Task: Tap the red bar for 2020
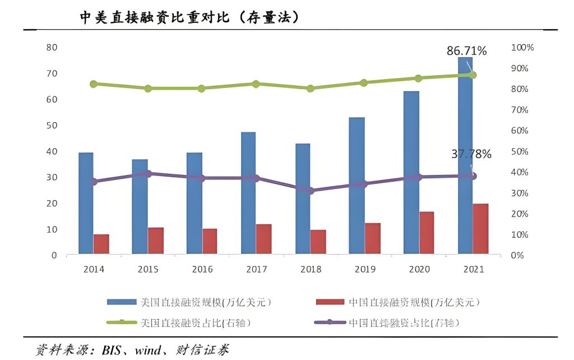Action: point(427,233)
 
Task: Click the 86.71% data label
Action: point(466,51)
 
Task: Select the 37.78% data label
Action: point(471,154)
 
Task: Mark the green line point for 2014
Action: point(94,84)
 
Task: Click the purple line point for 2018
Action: point(311,191)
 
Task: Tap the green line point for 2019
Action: point(364,82)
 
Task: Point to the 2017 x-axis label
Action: point(256,270)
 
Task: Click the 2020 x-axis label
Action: point(419,270)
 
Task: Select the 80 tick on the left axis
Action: point(52,47)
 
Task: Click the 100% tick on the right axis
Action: point(522,48)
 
